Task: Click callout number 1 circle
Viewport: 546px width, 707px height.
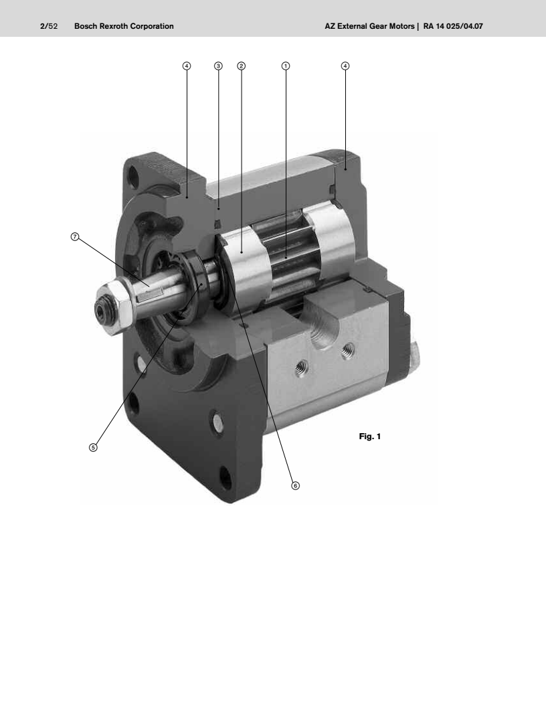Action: [x=286, y=66]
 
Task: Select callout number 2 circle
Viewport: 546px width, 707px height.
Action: [x=242, y=66]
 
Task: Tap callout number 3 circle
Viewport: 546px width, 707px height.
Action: [x=219, y=66]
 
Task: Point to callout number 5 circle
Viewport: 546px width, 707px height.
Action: [x=93, y=447]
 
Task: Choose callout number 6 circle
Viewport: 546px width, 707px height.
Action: [x=295, y=485]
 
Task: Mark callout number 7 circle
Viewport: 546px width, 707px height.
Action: [x=75, y=237]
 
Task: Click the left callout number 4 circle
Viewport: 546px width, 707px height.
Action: [x=187, y=66]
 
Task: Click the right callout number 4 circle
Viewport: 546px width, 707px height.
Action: [x=345, y=66]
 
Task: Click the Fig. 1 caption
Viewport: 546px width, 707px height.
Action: [x=370, y=437]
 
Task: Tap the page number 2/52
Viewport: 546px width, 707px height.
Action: [x=49, y=26]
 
